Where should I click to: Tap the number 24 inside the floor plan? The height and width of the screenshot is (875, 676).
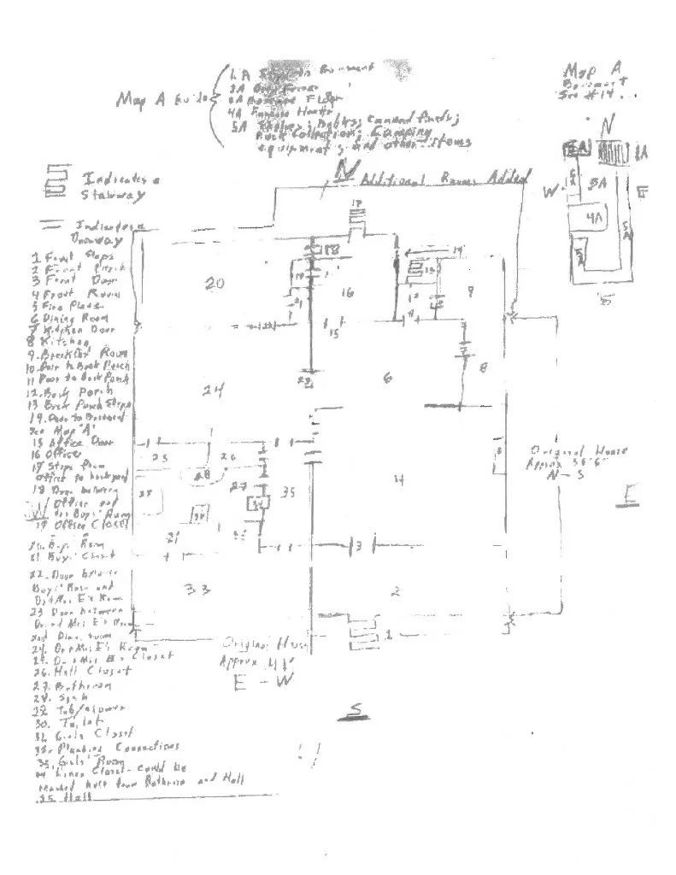point(213,391)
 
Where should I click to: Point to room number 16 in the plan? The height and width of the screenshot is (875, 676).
point(347,293)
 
